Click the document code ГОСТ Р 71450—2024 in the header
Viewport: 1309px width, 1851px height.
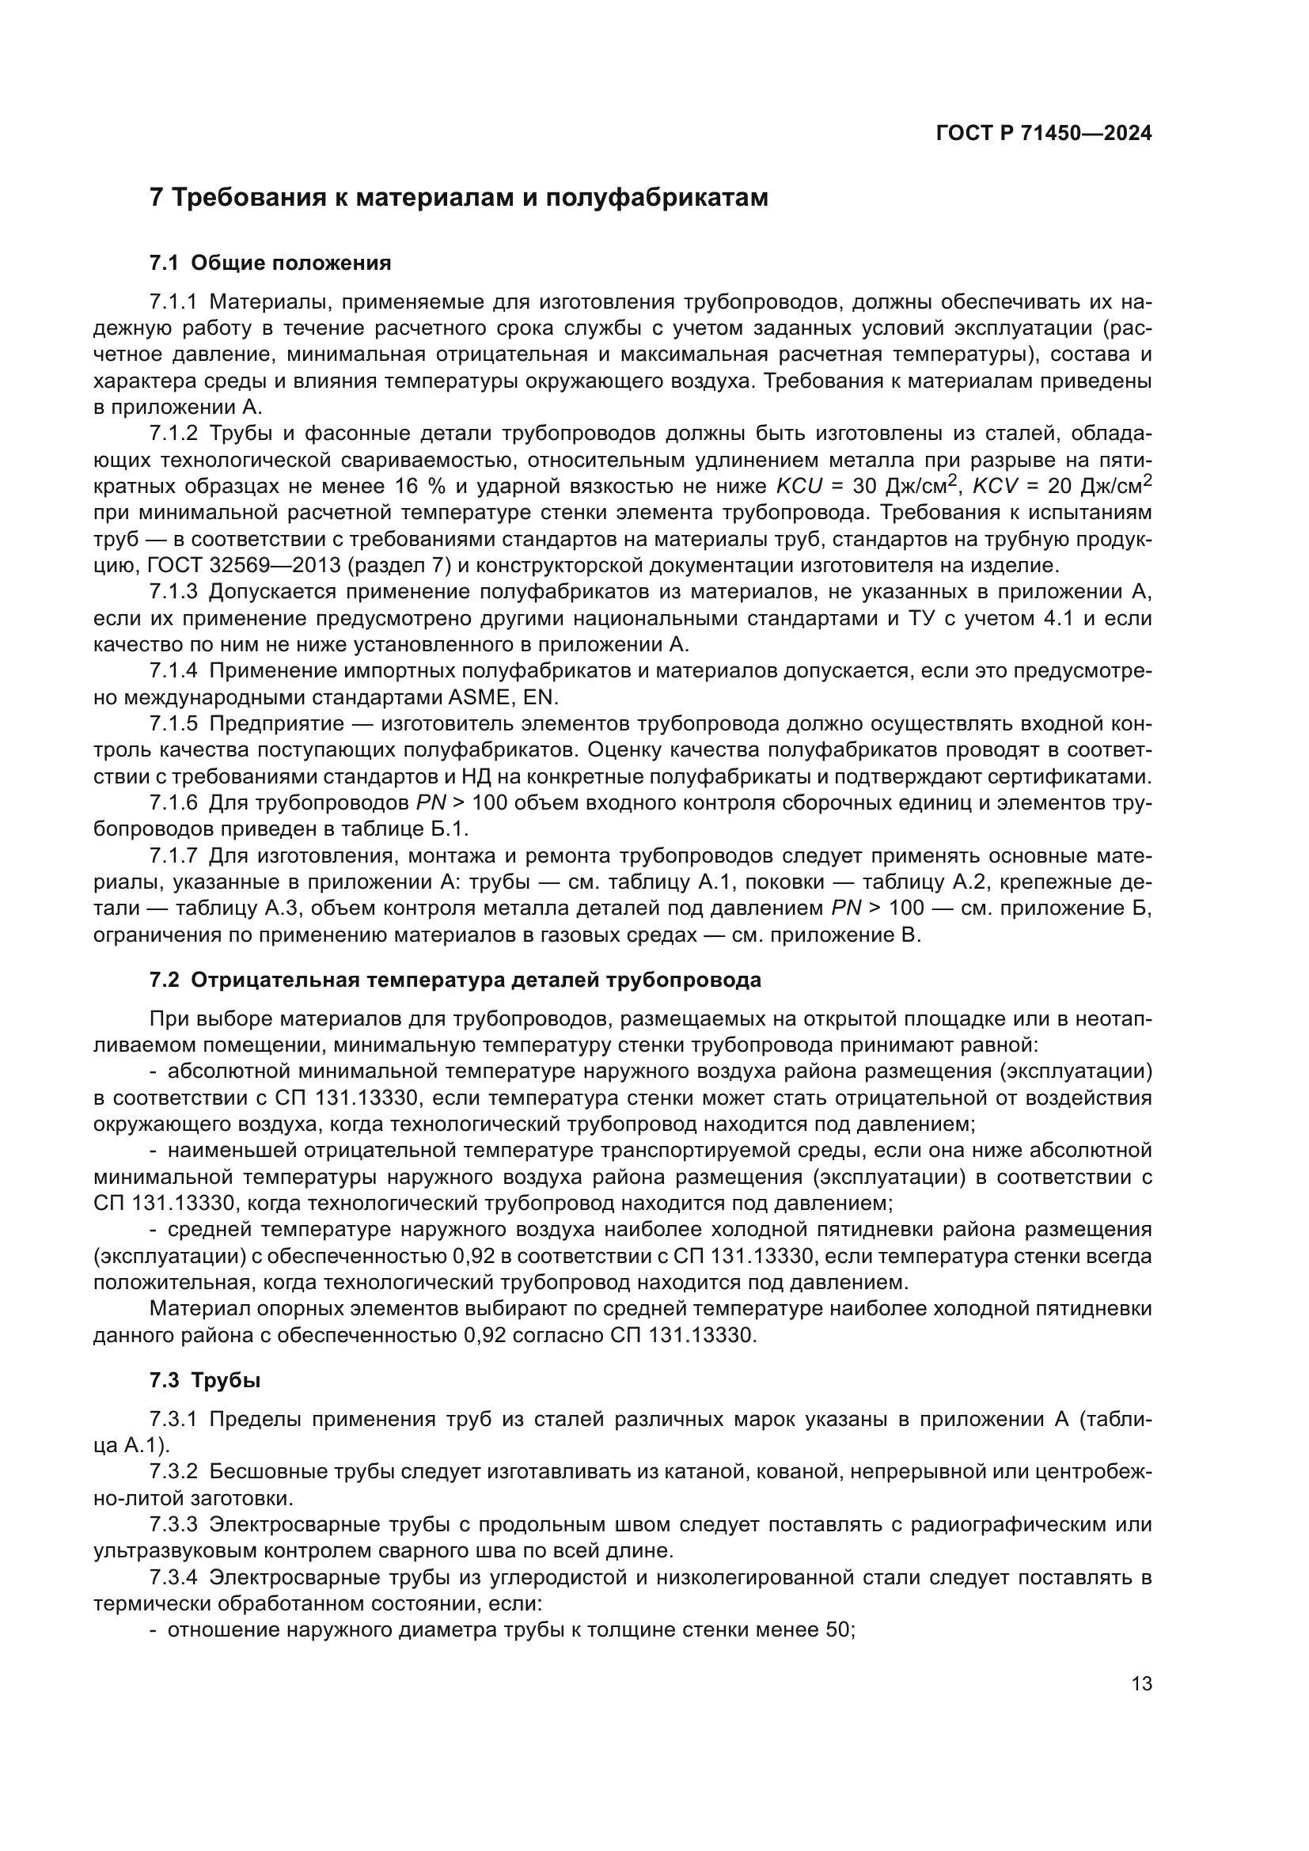tap(1044, 134)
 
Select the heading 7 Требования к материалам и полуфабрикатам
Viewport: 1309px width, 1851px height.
tap(459, 198)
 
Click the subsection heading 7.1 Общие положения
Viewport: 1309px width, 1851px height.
tap(271, 263)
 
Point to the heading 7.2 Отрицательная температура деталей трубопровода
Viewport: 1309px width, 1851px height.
tap(455, 980)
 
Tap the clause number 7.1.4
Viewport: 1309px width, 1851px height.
tap(173, 671)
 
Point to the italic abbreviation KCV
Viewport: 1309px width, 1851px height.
tap(997, 487)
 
